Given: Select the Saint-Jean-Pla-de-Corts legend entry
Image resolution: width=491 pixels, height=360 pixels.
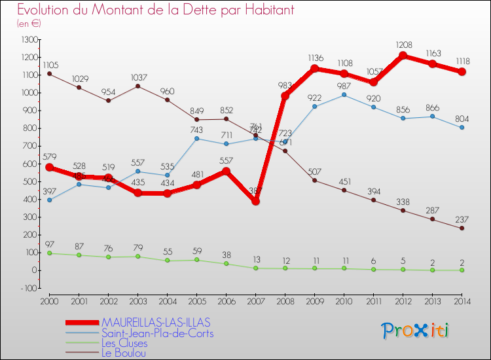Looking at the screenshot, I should pyautogui.click(x=157, y=333).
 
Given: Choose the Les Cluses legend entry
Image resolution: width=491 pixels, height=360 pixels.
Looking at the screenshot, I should pyautogui.click(x=124, y=343).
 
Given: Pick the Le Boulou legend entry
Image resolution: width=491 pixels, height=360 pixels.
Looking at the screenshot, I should pyautogui.click(x=124, y=353).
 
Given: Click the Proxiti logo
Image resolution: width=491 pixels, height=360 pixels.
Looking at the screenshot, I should pyautogui.click(x=416, y=331).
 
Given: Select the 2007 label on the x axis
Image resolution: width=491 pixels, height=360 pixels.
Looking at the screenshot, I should pyautogui.click(x=255, y=300).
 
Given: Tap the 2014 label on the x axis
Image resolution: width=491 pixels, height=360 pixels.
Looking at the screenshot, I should pyautogui.click(x=462, y=300).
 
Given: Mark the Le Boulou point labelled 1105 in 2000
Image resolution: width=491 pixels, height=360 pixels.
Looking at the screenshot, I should pyautogui.click(x=50, y=73).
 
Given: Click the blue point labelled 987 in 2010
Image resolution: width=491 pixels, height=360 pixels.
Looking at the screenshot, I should pyautogui.click(x=344, y=95).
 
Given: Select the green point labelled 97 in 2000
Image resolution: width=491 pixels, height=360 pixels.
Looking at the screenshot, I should pyautogui.click(x=50, y=253).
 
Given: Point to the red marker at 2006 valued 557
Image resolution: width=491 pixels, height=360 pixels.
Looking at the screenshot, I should pyautogui.click(x=226, y=171).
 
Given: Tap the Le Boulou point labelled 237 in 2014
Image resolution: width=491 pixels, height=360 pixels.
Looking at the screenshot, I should pyautogui.click(x=462, y=228).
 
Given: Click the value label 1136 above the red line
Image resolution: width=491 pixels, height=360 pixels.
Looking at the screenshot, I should pyautogui.click(x=315, y=59).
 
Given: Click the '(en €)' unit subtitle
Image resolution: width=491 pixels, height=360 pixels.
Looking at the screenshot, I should pyautogui.click(x=29, y=24).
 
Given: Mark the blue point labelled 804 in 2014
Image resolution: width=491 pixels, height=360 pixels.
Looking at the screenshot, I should pyautogui.click(x=462, y=128).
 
